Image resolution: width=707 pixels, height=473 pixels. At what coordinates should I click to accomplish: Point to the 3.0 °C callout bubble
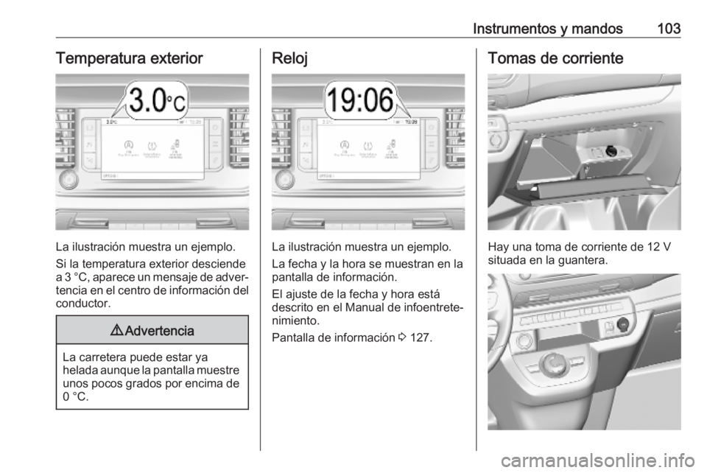point(156,101)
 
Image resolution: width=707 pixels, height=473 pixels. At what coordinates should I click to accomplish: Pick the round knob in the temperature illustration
point(68,179)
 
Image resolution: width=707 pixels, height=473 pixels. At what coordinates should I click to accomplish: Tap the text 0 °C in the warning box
point(68,398)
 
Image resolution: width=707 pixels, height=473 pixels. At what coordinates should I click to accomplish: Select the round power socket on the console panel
point(623,322)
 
